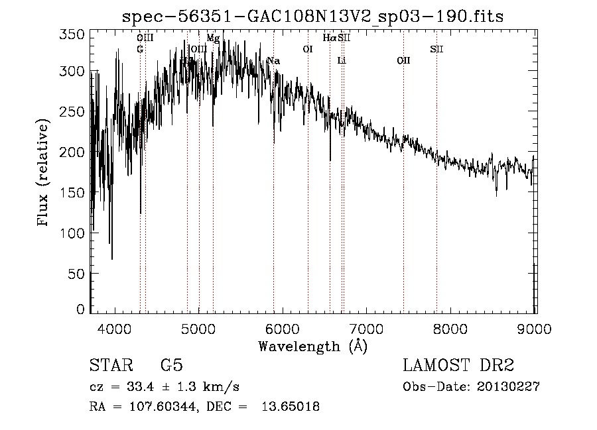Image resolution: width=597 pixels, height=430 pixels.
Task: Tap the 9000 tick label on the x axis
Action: [x=535, y=329]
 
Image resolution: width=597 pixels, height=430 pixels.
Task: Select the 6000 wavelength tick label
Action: [x=283, y=329]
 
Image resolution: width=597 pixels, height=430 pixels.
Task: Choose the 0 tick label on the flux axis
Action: [x=80, y=309]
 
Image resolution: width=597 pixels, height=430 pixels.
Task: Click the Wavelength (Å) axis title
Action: [x=312, y=346]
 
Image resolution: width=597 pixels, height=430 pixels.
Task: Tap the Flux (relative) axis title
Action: [x=44, y=174]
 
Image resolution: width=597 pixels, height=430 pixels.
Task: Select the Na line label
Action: [x=273, y=61]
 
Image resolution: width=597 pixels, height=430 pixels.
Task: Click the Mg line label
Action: [x=213, y=38]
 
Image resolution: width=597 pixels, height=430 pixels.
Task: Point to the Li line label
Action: [x=342, y=61]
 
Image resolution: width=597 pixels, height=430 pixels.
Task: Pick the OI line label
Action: [x=308, y=49]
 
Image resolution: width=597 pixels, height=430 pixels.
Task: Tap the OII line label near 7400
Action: [x=403, y=61]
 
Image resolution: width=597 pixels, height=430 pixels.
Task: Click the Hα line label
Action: [x=329, y=38]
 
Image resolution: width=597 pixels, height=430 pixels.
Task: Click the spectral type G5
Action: [x=171, y=366]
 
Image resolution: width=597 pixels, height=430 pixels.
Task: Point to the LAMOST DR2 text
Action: [x=458, y=366]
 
